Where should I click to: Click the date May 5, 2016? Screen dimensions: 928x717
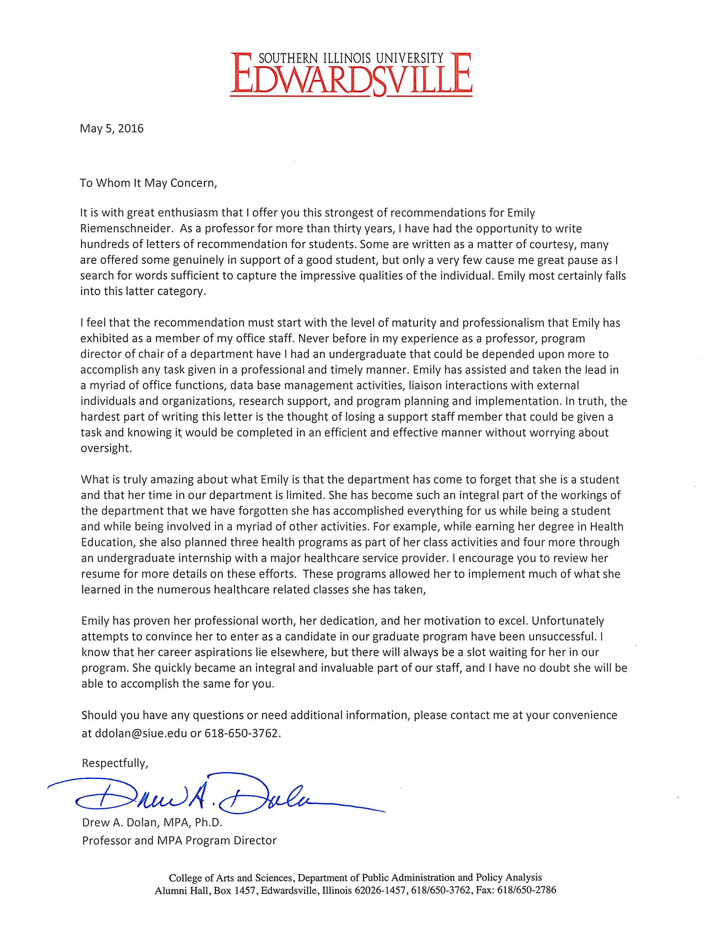pyautogui.click(x=112, y=128)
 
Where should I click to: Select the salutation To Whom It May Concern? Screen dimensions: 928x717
pyautogui.click(x=148, y=183)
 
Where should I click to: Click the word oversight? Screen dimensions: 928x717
pyautogui.click(x=106, y=448)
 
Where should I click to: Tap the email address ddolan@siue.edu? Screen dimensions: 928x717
pyautogui.click(x=141, y=733)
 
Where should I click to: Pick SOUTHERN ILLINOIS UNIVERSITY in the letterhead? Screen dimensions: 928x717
pyautogui.click(x=351, y=58)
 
